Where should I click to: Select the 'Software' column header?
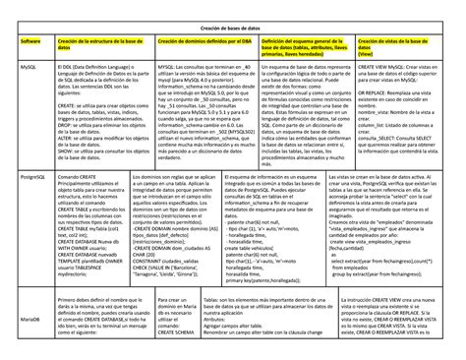tap(32, 41)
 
